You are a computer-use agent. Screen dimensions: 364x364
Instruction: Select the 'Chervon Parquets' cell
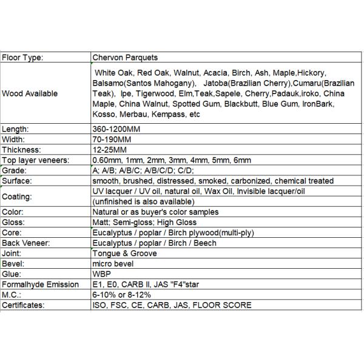coord(125,58)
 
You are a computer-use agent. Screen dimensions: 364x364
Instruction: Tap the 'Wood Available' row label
coord(30,93)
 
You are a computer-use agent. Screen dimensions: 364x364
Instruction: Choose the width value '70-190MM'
coord(113,140)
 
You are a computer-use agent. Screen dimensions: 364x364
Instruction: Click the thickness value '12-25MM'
coord(111,150)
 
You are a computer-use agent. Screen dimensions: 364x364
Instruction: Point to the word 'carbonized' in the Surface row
coord(249,181)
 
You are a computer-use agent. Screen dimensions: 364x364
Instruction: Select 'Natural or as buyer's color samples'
coord(155,212)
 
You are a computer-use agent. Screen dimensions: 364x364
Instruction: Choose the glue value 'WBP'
coord(101,274)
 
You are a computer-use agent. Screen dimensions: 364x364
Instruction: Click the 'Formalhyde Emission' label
coord(41,285)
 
